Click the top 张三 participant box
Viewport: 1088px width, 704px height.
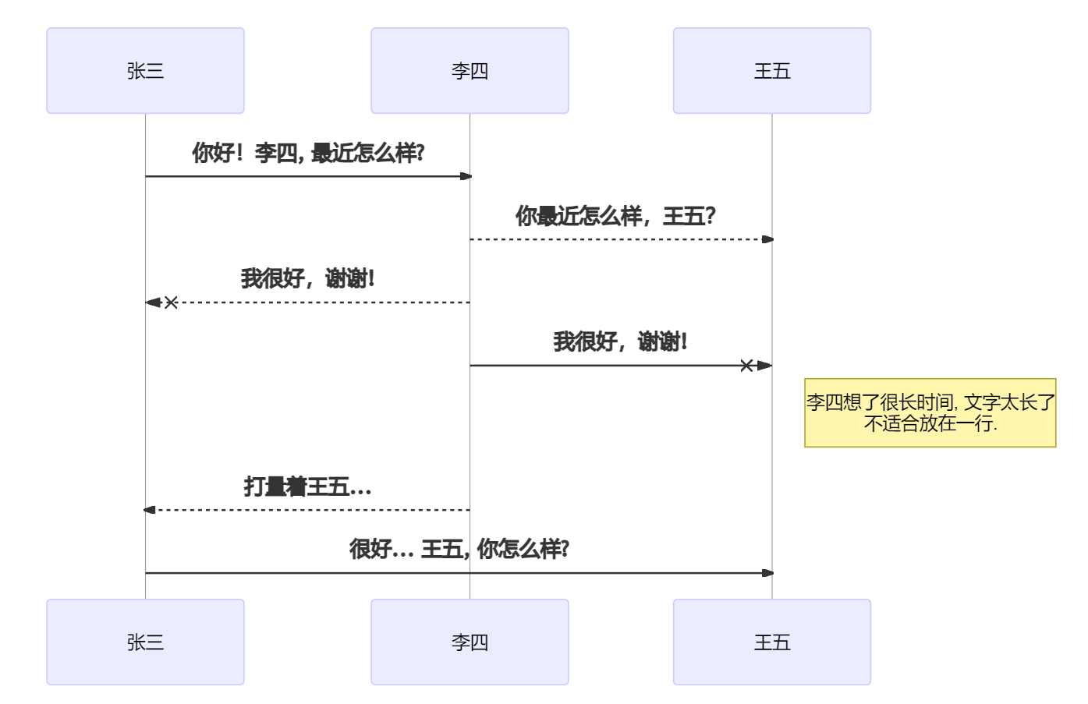(145, 71)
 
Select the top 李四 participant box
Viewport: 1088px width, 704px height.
(470, 71)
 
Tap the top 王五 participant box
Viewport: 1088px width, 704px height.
(771, 71)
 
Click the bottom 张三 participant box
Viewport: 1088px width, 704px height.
(145, 642)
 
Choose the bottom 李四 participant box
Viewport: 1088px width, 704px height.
(470, 642)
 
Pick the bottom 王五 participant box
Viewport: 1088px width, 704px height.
(771, 642)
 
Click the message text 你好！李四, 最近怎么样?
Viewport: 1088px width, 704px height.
(308, 153)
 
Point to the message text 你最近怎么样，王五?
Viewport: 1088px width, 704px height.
(615, 216)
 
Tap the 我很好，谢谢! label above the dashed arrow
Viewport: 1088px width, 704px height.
(307, 278)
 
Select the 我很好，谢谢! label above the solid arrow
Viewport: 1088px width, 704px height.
(620, 341)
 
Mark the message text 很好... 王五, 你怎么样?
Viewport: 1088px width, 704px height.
(459, 549)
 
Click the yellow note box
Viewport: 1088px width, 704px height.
(930, 412)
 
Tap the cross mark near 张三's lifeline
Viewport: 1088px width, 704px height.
(171, 302)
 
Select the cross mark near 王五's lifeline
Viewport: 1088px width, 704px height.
(746, 366)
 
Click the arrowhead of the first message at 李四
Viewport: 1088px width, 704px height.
(466, 176)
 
